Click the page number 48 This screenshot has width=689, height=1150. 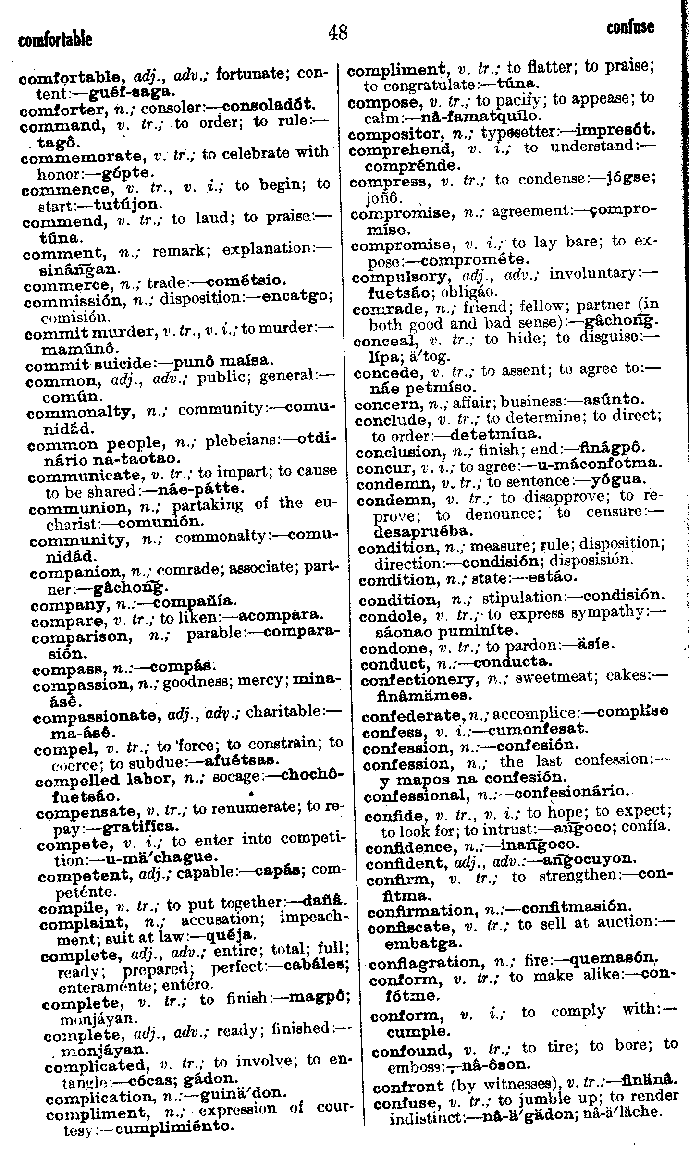337,33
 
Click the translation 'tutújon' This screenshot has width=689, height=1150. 124,204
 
